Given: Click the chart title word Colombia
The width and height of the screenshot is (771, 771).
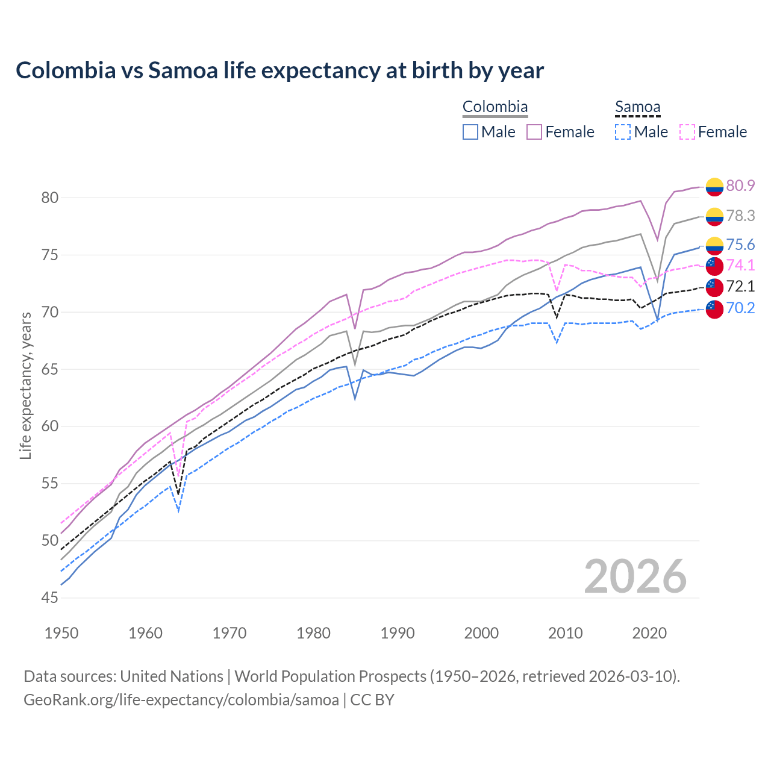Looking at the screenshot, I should (x=66, y=70).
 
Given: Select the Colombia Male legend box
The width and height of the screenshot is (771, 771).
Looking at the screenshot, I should (x=470, y=132).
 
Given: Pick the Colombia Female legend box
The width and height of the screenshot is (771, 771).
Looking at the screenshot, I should (x=534, y=132).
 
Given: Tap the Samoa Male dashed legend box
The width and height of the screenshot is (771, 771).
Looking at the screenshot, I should (x=623, y=132).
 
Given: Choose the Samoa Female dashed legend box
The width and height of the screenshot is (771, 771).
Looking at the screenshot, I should (x=687, y=132).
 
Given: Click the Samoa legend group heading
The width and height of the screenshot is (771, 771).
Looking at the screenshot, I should (x=637, y=107).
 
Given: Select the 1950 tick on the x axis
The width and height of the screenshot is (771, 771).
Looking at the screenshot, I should (x=61, y=633).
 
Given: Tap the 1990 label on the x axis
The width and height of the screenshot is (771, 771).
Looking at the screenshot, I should (x=398, y=633).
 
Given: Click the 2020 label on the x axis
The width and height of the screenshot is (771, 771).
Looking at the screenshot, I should (x=649, y=633).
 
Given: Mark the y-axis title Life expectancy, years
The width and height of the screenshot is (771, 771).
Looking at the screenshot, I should (x=25, y=385).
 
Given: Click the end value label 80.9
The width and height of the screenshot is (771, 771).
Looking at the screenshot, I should (x=740, y=186).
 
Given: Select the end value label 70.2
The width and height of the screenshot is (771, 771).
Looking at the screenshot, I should (x=740, y=308).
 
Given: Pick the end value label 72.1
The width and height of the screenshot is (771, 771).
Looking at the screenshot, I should (x=740, y=286).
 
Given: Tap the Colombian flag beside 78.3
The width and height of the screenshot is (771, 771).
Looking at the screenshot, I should (x=714, y=216).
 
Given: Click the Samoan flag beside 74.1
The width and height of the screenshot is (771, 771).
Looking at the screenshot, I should (x=714, y=266).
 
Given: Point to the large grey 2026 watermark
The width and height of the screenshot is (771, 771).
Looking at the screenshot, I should (x=635, y=576).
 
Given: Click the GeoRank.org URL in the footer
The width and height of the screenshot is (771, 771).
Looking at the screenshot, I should (x=181, y=700).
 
